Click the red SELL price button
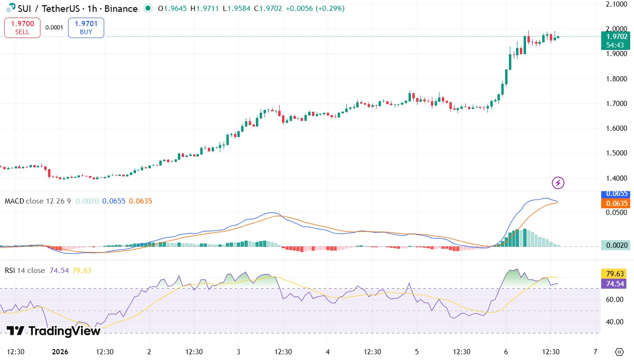22,28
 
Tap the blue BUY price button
86,28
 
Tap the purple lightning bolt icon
558,183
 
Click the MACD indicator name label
14,201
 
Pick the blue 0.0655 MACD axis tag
617,194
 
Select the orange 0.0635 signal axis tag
617,204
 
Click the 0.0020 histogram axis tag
617,245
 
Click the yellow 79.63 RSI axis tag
617,274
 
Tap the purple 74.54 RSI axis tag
617,284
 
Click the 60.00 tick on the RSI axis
615,299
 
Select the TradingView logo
53,331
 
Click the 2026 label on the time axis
60,352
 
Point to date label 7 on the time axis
595,352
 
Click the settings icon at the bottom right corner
619,352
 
